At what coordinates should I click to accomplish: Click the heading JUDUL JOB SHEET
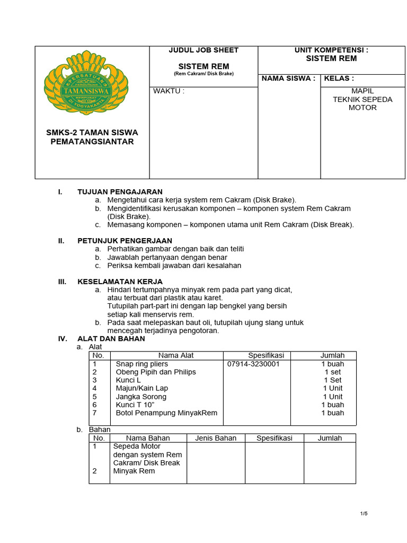pos(203,50)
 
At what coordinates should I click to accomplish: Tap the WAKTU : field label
pos(169,91)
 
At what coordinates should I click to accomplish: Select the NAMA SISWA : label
pos(288,78)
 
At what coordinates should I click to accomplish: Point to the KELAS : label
pos(339,78)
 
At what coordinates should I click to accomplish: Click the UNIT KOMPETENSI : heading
pos(331,50)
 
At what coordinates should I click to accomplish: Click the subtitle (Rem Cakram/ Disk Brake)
pos(203,74)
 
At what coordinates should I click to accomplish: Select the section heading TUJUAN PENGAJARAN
pos(120,191)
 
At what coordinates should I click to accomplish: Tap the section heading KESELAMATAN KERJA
pos(120,281)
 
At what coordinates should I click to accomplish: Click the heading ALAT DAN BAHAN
pos(111,338)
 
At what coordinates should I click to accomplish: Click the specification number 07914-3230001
pos(253,364)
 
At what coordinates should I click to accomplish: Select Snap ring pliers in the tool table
pos(141,364)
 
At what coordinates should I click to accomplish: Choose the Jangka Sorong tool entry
pos(141,397)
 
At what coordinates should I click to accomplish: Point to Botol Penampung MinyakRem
pos(166,413)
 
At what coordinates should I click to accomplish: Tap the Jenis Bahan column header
pos(216,438)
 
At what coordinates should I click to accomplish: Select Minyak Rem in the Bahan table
pos(134,471)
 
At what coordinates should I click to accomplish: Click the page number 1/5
pos(364,513)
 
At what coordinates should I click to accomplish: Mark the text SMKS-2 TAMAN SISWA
pos(92,132)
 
